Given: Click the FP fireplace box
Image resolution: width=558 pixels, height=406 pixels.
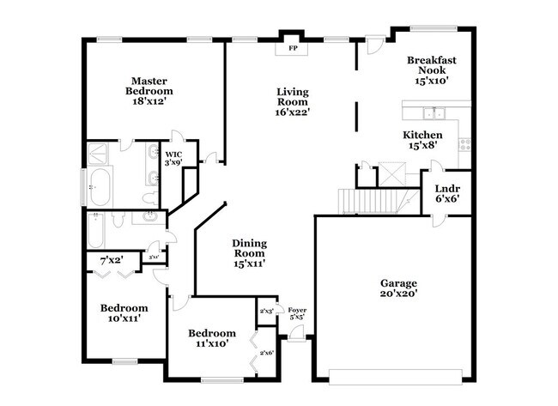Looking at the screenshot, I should (x=292, y=48).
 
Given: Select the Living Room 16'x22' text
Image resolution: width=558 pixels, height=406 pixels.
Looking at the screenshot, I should (x=292, y=101).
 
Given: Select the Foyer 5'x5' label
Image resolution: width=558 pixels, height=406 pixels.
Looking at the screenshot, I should (x=296, y=313).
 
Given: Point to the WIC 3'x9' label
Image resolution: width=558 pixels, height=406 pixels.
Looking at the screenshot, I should (x=173, y=158).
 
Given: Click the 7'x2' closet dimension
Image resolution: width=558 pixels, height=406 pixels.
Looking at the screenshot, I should (x=111, y=259).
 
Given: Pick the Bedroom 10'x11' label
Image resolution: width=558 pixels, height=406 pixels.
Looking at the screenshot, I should (x=124, y=312).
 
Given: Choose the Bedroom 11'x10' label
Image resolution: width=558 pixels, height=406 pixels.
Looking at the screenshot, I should (x=212, y=338).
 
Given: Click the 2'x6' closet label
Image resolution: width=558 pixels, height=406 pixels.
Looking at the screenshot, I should (x=266, y=352).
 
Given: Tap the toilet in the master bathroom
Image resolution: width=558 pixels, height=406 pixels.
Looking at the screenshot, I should (x=149, y=197).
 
